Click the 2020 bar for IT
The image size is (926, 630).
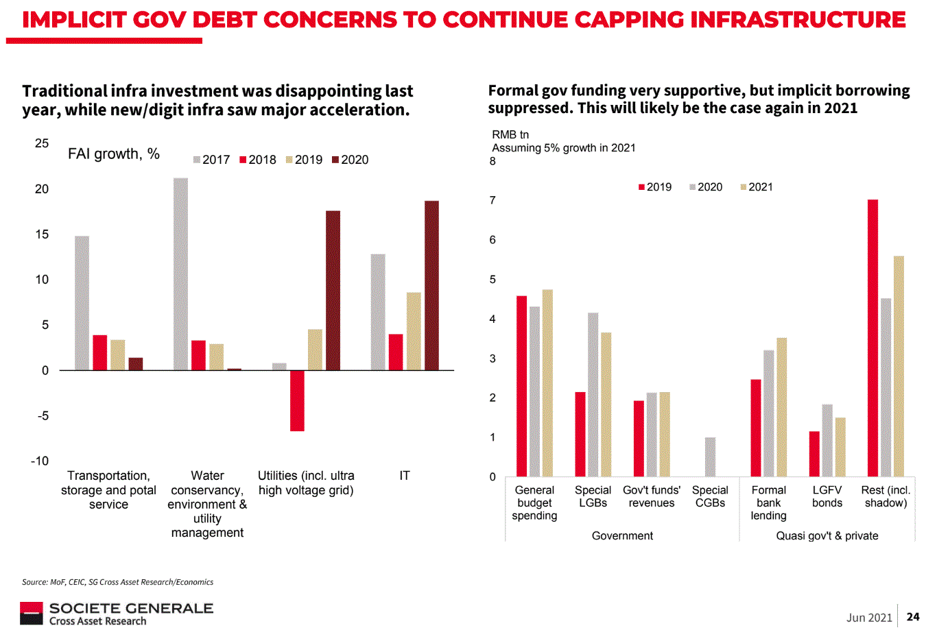coord(431,285)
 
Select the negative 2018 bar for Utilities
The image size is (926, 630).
coord(297,400)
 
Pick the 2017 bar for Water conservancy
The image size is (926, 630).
coord(180,274)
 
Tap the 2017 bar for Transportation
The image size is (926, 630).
coord(82,303)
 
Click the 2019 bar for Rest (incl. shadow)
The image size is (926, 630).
coord(872,338)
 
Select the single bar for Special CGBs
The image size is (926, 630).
coord(710,457)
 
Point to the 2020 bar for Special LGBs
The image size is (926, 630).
coord(593,394)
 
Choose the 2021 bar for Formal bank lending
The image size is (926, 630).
coord(781,407)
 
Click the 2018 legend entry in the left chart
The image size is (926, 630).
coord(258,160)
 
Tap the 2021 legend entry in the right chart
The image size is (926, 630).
coord(757,187)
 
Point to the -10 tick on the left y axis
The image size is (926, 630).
coord(40,461)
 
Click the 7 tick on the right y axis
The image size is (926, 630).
coord(492,200)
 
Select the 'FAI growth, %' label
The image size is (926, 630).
coord(114,154)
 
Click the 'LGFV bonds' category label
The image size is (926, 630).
coord(827,496)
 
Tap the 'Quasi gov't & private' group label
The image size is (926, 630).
coord(827,535)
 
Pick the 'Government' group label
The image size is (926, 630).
coord(622,535)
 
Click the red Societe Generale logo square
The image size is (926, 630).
coord(31,614)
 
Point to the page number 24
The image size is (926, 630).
coord(912,617)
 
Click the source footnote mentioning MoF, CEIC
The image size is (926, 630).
coord(117,582)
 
